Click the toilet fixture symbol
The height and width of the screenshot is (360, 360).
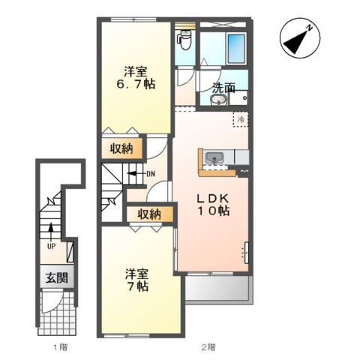[x=184, y=40]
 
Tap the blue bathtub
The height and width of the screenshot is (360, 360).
[x=236, y=48]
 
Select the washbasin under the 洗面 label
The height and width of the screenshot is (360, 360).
[x=219, y=100]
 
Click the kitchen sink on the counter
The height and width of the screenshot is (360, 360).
[x=214, y=157]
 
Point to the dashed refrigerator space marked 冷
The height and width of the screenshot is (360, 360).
[x=241, y=119]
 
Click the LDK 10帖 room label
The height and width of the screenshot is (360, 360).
[x=213, y=205]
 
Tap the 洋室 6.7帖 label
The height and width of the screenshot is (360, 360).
[x=136, y=78]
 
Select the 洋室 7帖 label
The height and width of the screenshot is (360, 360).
[x=137, y=280]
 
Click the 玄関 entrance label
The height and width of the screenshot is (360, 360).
[x=57, y=277]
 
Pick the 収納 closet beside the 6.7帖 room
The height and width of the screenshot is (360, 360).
[x=121, y=148]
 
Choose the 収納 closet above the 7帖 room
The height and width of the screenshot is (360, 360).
[x=150, y=214]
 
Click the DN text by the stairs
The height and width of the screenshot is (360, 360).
[x=151, y=174]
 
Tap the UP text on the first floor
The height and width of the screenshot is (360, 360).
[x=51, y=247]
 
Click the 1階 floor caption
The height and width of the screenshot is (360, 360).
[x=60, y=347]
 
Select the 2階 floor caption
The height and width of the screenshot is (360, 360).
[x=208, y=347]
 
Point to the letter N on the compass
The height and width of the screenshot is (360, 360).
[x=310, y=28]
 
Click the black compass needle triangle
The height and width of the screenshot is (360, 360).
[x=295, y=42]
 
